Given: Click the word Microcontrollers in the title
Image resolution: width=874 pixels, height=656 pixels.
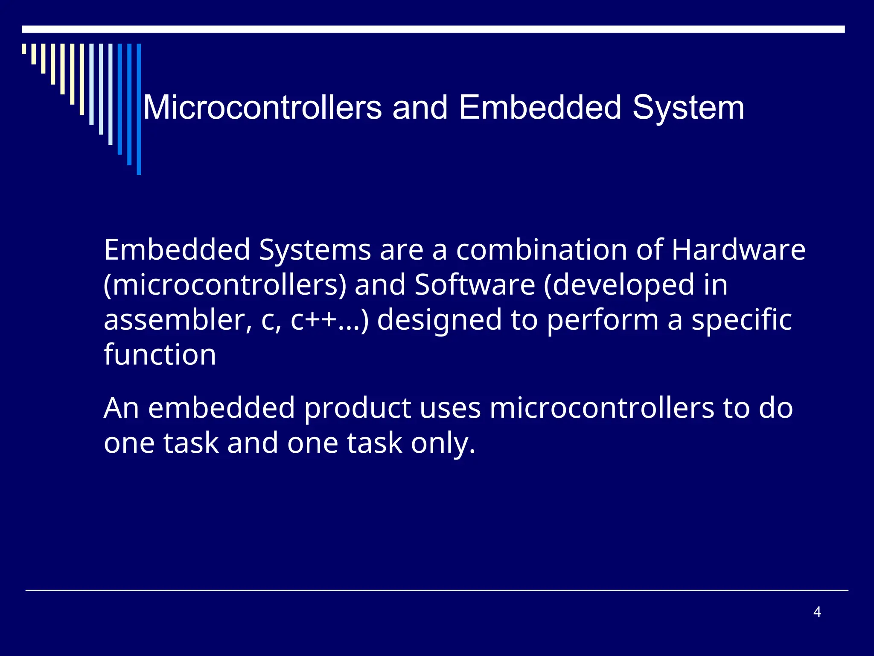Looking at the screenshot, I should tap(262, 108).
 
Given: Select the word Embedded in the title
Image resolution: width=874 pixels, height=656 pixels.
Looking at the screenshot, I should tap(540, 108).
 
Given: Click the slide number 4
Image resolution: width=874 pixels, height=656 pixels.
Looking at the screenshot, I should tap(817, 612).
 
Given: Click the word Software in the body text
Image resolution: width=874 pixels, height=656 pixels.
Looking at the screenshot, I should tap(475, 285).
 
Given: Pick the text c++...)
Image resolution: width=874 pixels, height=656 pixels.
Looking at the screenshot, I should tap(329, 321).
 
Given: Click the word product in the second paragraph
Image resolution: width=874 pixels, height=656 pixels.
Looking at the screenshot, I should tap(357, 408).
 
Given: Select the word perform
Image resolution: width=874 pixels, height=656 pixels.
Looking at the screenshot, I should tap(603, 321).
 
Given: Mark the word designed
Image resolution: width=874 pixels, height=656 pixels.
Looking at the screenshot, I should tap(439, 321).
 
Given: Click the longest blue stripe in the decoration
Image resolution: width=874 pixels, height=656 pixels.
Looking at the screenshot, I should tap(139, 109).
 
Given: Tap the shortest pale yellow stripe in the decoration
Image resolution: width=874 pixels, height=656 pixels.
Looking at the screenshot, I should tap(24, 49).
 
